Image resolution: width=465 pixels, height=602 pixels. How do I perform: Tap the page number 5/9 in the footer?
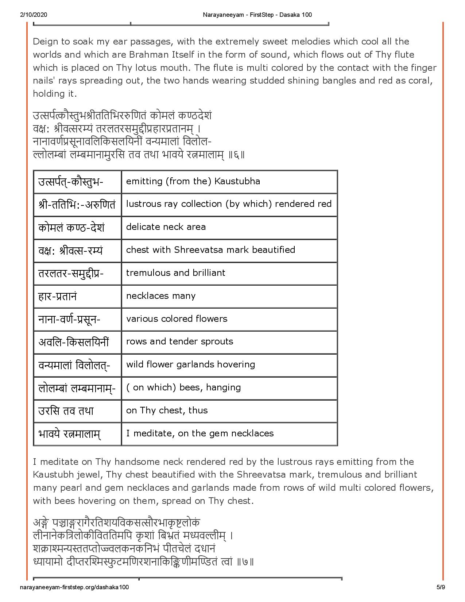click(x=441, y=587)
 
